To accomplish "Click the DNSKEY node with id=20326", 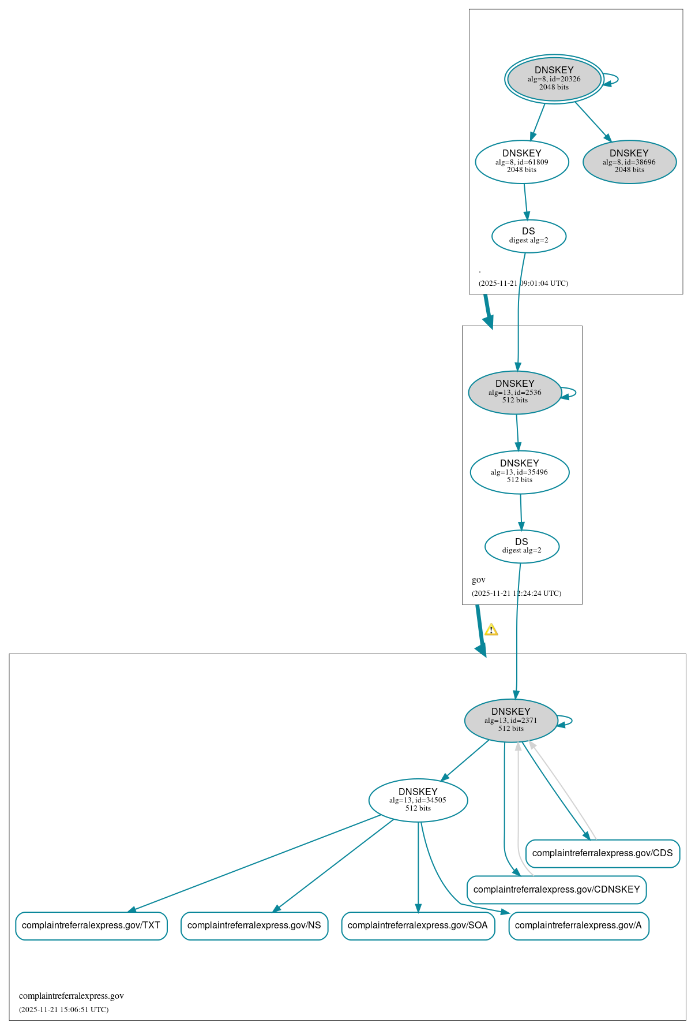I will pos(554,79).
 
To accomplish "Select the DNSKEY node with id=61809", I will pos(521,162).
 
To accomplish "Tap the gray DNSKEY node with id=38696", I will pos(629,162).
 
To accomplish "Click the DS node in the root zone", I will pos(528,236).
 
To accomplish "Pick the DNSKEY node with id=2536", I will pos(514,392).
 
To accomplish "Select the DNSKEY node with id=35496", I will pos(519,472).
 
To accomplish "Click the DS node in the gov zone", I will pos(521,546).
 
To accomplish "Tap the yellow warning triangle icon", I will pos(491,630).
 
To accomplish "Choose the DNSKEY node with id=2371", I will pos(510,720).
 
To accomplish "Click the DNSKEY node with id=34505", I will pos(418,800).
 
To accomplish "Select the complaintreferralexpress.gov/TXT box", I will pos(91,925).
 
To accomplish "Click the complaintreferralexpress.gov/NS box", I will pos(254,925).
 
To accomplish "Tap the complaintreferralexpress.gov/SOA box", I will pos(418,925).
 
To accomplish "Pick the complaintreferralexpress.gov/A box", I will pos(578,925).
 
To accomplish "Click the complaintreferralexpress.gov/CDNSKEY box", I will pos(556,890).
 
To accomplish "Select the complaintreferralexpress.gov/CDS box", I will pos(602,853).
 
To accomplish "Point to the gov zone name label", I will pos(479,580).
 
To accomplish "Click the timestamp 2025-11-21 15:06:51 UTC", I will pos(63,1010).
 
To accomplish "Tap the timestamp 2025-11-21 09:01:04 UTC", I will pos(523,283).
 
